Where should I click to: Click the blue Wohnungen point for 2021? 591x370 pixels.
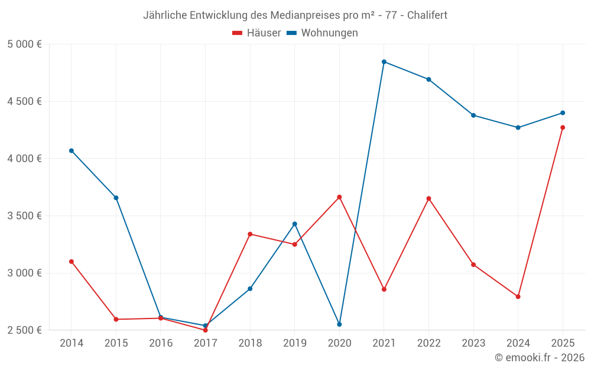tap(384, 62)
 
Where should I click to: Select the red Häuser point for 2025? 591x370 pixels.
tap(563, 127)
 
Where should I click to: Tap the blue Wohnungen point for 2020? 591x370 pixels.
tap(339, 324)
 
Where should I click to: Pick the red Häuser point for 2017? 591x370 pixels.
tap(205, 330)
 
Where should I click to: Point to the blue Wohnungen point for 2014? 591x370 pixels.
tap(72, 150)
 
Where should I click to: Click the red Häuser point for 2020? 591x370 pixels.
tap(339, 197)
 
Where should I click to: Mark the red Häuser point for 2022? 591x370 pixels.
tap(428, 198)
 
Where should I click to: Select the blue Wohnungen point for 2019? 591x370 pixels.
tap(295, 224)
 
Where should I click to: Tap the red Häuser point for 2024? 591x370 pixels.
tap(518, 297)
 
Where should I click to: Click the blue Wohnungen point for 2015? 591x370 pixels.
tap(116, 198)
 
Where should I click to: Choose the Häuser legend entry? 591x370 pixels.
tap(257, 33)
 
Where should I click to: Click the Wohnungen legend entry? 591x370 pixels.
tap(323, 33)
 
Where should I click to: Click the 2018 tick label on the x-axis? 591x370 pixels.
tap(250, 343)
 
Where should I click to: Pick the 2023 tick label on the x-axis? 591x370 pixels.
tap(473, 343)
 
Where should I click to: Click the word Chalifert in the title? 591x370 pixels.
tap(427, 15)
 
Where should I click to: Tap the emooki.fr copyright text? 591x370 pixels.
tap(540, 358)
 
